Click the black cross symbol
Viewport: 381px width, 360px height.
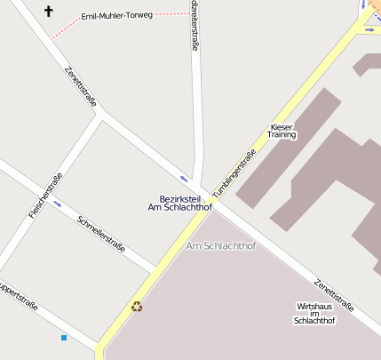point(48,12)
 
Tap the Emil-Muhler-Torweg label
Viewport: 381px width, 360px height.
point(116,16)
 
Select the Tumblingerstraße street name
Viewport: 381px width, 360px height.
point(234,172)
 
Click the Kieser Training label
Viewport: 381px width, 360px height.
point(282,131)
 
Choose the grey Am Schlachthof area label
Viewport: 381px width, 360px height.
point(220,244)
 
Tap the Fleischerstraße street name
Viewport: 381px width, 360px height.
point(45,195)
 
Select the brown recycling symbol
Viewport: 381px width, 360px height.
point(137,307)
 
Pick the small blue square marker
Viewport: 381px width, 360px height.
point(64,338)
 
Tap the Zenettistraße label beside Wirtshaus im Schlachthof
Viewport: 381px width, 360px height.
point(334,294)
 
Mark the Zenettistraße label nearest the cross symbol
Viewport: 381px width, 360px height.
point(80,87)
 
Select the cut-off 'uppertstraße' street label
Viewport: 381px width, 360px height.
point(18,297)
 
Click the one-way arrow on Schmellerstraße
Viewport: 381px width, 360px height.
point(58,204)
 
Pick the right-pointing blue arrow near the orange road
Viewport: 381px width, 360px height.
point(369,28)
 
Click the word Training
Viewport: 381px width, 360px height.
point(282,135)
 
